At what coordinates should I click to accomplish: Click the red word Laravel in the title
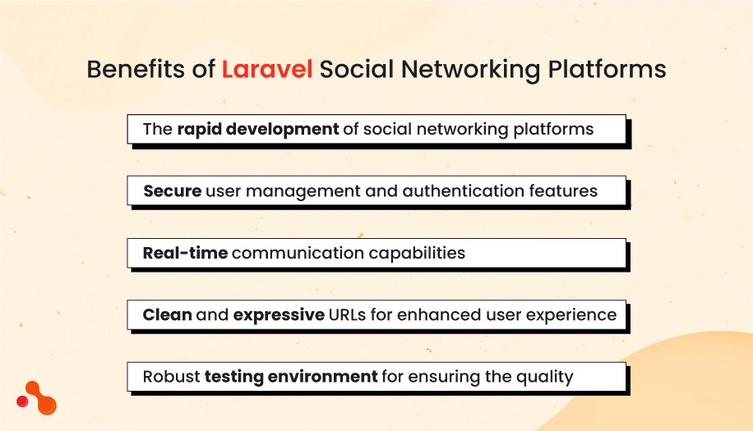pyautogui.click(x=267, y=70)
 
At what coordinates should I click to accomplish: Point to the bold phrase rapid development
pyautogui.click(x=258, y=130)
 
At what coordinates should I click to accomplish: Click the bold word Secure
pyautogui.click(x=173, y=191)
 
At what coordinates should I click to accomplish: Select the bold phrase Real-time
pyautogui.click(x=185, y=253)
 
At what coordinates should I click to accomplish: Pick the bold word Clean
pyautogui.click(x=168, y=314)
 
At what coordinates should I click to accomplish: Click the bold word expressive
pyautogui.click(x=279, y=314)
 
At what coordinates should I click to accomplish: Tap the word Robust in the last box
pyautogui.click(x=171, y=377)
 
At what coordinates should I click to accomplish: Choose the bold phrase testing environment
pyautogui.click(x=291, y=377)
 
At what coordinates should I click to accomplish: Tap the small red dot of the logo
pyautogui.click(x=22, y=401)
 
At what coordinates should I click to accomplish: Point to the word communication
pyautogui.click(x=295, y=253)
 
